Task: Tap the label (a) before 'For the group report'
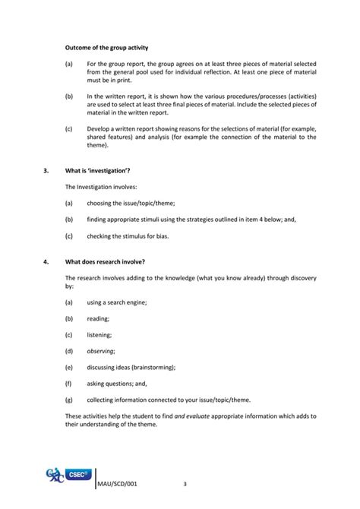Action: pos(70,63)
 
